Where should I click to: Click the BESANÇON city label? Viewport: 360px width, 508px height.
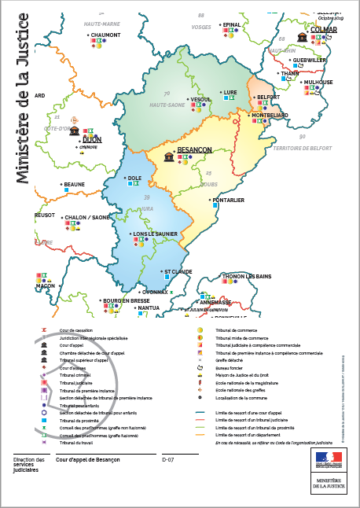pyautogui.click(x=195, y=149)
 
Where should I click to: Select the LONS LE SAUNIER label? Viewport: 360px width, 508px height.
pyautogui.click(x=156, y=234)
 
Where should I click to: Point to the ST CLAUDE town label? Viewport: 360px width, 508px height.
pyautogui.click(x=178, y=272)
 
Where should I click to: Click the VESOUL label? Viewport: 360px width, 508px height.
pyautogui.click(x=201, y=100)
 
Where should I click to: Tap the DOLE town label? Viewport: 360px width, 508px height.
pyautogui.click(x=134, y=178)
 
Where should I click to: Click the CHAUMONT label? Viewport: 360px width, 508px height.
pyautogui.click(x=105, y=35)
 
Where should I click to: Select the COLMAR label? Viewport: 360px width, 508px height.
pyautogui.click(x=324, y=30)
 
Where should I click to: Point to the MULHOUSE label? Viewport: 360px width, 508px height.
pyautogui.click(x=318, y=82)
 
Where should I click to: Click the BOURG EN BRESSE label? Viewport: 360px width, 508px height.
pyautogui.click(x=126, y=300)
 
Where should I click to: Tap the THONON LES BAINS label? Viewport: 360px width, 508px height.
pyautogui.click(x=247, y=277)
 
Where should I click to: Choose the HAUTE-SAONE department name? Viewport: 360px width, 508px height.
pyautogui.click(x=167, y=105)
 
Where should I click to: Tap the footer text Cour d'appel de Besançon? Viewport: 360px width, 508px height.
pyautogui.click(x=89, y=458)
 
